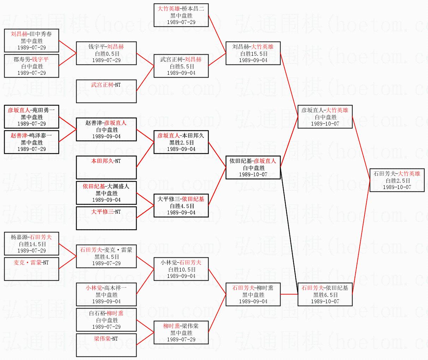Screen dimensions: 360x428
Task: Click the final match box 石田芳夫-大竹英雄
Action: click(x=397, y=180)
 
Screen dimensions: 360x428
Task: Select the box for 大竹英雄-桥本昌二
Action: click(x=181, y=15)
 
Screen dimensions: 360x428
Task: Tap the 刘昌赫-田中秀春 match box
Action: click(x=31, y=41)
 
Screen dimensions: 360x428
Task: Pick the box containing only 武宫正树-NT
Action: click(x=106, y=91)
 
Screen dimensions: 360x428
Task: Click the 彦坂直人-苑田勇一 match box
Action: click(x=31, y=117)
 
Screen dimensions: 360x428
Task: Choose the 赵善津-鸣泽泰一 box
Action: click(x=31, y=142)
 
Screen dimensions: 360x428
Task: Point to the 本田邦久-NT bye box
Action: click(x=106, y=167)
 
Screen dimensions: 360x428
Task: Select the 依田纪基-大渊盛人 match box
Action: click(x=106, y=193)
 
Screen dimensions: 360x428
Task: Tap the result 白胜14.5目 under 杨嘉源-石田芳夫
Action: click(x=32, y=244)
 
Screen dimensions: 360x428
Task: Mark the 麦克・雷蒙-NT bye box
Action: click(x=31, y=269)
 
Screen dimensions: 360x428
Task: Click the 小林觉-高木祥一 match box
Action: click(x=106, y=294)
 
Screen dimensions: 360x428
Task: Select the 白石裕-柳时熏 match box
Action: click(x=106, y=320)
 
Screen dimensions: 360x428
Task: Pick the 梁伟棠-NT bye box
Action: click(x=106, y=345)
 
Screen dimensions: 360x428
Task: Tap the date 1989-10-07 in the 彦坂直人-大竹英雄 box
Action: click(x=325, y=124)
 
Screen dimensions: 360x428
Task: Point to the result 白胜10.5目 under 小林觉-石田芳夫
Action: click(x=181, y=269)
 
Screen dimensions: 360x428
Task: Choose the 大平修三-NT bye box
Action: click(x=106, y=218)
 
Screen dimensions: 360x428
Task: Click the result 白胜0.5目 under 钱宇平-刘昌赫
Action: click(x=107, y=54)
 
